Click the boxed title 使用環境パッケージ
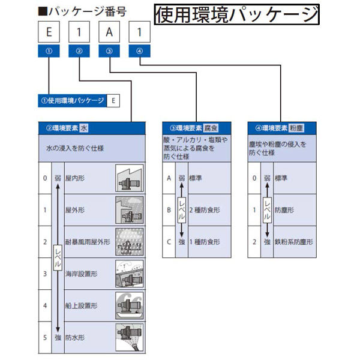click(x=236, y=14)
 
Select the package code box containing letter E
click(x=48, y=31)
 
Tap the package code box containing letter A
click(x=109, y=31)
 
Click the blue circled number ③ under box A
click(x=109, y=52)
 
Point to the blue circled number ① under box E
click(x=48, y=52)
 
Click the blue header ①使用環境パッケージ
click(x=72, y=101)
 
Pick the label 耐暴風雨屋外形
click(x=88, y=242)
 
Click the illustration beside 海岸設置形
click(x=129, y=274)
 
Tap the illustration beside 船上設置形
click(x=129, y=306)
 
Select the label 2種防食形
click(x=205, y=210)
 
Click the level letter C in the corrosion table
click(x=169, y=242)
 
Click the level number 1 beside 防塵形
click(x=254, y=210)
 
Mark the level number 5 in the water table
click(x=44, y=337)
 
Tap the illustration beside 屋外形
click(x=129, y=210)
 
